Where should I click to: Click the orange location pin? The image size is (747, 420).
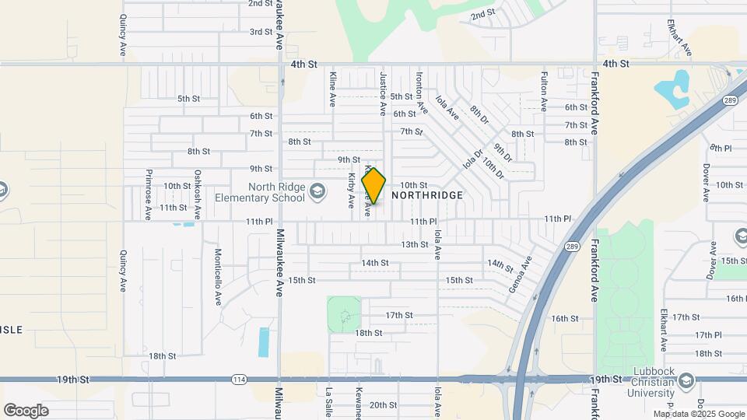coord(373,186)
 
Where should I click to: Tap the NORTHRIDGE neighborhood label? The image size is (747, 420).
coord(427,195)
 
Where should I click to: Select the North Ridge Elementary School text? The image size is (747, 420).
coord(276,192)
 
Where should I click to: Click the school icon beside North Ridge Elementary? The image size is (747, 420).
coord(317,190)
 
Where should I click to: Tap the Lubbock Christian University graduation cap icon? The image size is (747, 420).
coord(686,380)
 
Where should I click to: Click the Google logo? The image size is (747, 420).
coord(26,410)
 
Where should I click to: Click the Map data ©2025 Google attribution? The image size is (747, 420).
coord(698,414)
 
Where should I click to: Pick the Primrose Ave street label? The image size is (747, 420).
coord(146,194)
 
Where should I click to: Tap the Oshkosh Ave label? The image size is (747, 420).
coord(198,194)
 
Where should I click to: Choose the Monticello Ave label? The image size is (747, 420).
coord(219,276)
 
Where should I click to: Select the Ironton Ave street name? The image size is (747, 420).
coord(421,92)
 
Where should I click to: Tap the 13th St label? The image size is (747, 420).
coord(415,244)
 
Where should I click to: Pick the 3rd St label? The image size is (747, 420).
coord(261,32)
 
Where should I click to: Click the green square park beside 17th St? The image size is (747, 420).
coord(344,313)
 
